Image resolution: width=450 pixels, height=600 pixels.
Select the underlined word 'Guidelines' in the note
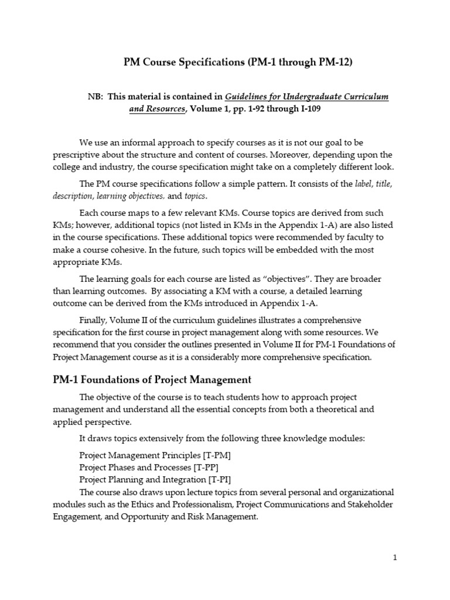point(249,97)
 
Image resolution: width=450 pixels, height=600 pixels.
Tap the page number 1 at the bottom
point(395,558)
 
